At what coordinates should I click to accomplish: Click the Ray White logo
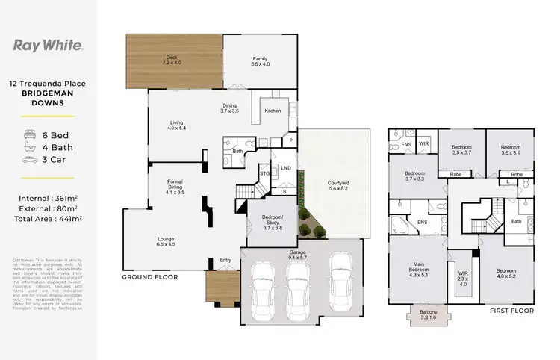(x=49, y=45)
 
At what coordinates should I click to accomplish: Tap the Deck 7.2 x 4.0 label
(x=173, y=60)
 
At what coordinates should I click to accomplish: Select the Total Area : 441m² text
(x=49, y=220)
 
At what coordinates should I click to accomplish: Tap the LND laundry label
(x=285, y=168)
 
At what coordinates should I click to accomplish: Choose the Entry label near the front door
(x=225, y=261)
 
